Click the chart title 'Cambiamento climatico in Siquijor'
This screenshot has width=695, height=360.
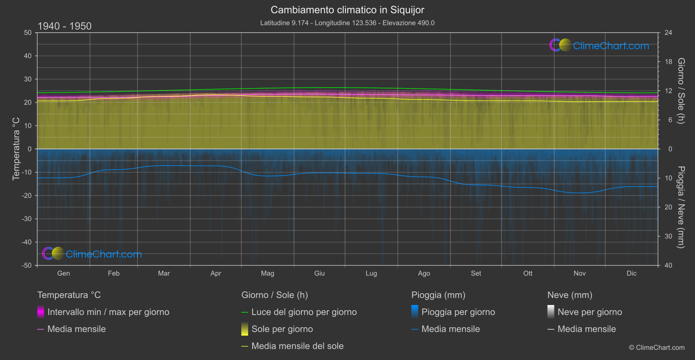(347, 10)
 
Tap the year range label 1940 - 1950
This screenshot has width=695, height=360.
(65, 26)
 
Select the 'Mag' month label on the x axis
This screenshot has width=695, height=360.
(267, 273)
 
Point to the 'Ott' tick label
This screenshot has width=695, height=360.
(528, 273)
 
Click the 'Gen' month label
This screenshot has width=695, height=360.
(63, 273)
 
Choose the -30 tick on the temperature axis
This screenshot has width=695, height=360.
(27, 219)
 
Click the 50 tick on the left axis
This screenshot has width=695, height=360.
(28, 33)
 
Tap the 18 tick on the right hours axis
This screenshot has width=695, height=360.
(668, 62)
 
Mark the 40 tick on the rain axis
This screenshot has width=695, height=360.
(668, 265)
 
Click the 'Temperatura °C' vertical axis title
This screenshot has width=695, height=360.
(16, 149)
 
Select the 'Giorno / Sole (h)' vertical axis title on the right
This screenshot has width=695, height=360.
(681, 91)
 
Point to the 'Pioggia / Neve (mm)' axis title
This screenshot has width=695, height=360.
(681, 207)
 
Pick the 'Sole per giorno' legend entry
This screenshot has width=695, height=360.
(282, 329)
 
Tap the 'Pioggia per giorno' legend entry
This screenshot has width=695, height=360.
(458, 312)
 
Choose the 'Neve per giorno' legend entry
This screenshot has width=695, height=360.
(589, 312)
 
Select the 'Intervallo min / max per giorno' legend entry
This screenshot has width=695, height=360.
(108, 312)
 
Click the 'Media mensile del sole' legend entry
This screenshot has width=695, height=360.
(297, 346)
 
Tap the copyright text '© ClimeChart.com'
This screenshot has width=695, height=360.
(657, 347)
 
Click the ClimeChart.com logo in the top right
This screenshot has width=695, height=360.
(599, 45)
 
